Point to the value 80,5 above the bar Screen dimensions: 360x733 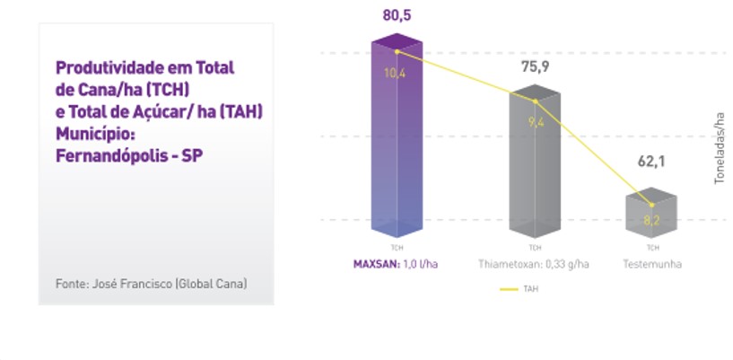(x=397, y=17)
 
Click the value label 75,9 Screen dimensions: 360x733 (x=535, y=66)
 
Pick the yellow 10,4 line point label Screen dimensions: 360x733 (x=395, y=73)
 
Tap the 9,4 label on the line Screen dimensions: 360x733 (x=537, y=122)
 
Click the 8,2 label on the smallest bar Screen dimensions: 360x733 (x=652, y=219)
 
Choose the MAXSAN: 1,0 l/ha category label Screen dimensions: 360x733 (x=396, y=264)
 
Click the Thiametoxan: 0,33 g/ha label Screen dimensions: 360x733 (x=534, y=264)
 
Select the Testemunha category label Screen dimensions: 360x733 (x=652, y=264)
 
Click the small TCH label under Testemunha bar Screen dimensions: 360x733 (x=652, y=247)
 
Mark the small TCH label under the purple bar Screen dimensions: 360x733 (x=397, y=247)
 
